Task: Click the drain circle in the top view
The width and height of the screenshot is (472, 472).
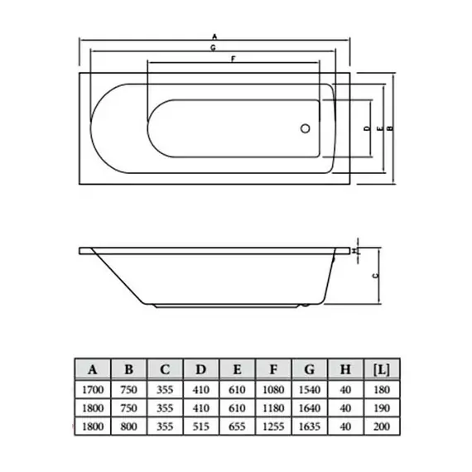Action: click(305, 130)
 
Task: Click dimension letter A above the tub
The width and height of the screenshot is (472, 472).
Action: click(214, 36)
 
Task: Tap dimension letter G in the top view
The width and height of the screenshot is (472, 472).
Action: click(214, 50)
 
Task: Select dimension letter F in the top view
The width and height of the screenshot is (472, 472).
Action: click(233, 60)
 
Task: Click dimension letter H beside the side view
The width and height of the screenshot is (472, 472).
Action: click(355, 249)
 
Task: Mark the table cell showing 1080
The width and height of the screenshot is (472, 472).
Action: click(272, 388)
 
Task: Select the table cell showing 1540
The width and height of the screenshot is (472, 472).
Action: click(309, 388)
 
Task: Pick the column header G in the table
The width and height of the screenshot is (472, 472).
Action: click(309, 368)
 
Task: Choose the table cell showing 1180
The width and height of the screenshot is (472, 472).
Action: click(272, 407)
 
